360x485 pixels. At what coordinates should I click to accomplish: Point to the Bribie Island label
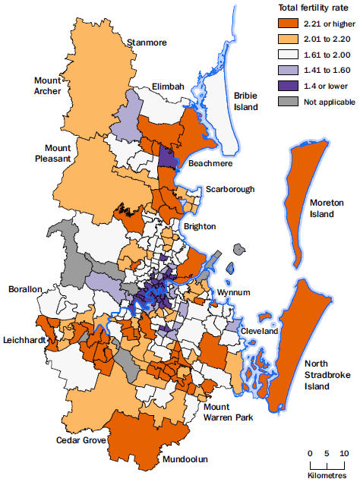246,101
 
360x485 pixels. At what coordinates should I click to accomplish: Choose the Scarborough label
229,189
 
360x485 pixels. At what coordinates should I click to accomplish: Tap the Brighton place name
199,226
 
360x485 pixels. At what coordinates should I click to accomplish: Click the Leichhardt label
24,339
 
